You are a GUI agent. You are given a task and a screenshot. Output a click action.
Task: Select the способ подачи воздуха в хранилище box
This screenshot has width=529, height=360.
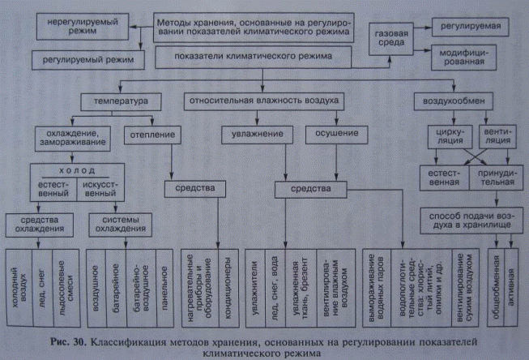point(469,220)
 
